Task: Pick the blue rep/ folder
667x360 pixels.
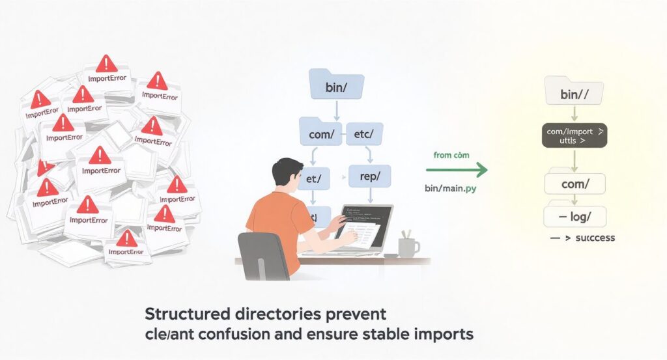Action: pos(369,175)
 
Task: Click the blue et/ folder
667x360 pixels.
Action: pos(315,176)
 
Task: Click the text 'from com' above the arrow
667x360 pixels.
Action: pos(452,155)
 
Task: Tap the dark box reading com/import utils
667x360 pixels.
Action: pos(574,135)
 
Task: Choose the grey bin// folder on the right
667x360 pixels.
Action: pos(574,93)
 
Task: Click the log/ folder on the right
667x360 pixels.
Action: pos(574,215)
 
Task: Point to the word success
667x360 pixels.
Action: pos(591,238)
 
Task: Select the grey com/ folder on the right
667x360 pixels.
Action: pos(574,183)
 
